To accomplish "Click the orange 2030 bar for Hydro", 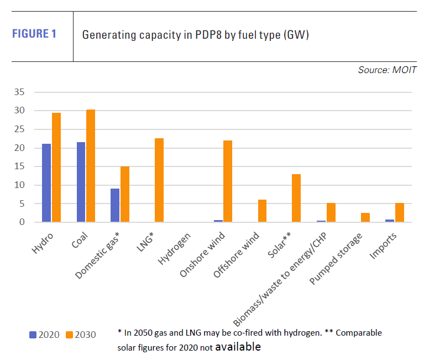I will click(x=56, y=168).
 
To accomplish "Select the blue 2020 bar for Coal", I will click(x=81, y=182).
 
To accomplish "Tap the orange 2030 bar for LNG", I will click(x=159, y=180).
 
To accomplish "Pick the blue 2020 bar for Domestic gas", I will click(x=114, y=205).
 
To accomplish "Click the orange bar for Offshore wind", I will click(x=262, y=211).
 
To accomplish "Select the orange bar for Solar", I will click(x=296, y=198).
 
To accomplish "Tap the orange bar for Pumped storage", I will click(x=365, y=217).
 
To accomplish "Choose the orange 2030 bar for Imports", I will click(x=399, y=212).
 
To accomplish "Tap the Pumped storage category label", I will click(x=336, y=259).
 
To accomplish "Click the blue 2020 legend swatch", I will click(x=33, y=335).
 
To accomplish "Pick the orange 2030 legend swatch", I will click(x=70, y=335).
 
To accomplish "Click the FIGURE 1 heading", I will click(x=34, y=34).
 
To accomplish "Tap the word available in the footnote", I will click(x=238, y=347).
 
